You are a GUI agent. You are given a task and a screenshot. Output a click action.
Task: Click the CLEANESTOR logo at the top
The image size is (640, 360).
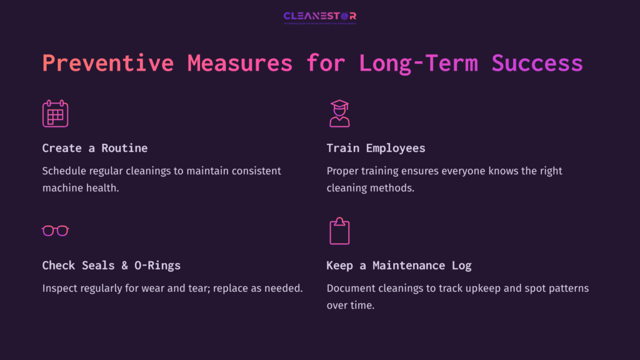click(319, 17)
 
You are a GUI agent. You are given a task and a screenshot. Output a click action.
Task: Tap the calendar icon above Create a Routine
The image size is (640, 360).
click(55, 114)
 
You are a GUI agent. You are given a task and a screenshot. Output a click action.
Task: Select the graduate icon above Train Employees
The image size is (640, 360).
click(339, 113)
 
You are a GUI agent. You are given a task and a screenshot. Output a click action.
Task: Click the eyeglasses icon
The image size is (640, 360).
click(55, 231)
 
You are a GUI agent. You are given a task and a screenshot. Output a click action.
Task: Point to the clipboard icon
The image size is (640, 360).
click(339, 231)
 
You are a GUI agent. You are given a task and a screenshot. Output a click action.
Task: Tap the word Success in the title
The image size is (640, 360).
click(537, 64)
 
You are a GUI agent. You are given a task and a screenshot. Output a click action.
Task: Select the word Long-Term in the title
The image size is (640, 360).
click(417, 64)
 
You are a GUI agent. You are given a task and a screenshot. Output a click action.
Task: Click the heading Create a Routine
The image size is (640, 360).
click(95, 148)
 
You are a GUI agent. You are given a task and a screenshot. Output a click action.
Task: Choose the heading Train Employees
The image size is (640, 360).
click(376, 148)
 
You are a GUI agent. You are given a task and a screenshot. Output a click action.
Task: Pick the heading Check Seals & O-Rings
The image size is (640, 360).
click(111, 265)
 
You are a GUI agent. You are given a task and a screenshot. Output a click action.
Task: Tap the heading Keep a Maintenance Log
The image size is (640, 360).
click(399, 265)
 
